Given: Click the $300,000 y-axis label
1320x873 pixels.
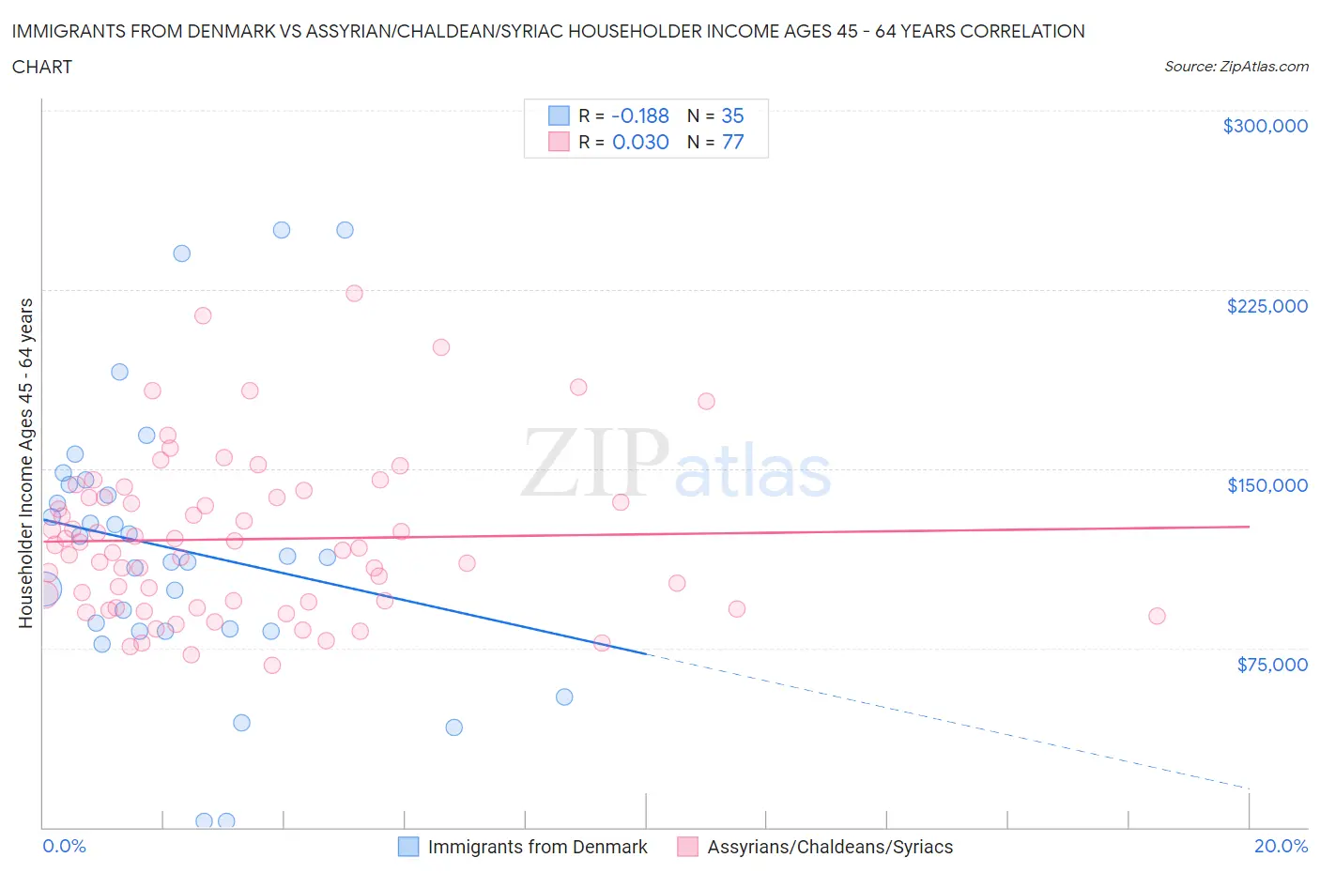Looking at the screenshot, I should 1265,126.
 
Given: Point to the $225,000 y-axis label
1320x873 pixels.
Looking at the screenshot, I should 1266,306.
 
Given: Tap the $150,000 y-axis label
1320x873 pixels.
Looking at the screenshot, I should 1266,485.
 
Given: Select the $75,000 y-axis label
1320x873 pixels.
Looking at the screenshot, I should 1271,665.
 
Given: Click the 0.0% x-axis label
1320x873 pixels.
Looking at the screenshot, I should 64,846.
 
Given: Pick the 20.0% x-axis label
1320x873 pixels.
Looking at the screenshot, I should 1281,846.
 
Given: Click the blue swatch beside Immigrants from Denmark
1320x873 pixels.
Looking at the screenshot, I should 408,847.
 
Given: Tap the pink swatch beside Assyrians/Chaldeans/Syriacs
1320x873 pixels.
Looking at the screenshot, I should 687,847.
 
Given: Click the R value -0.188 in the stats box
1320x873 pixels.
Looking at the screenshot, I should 639,115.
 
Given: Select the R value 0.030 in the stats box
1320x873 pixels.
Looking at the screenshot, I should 640,142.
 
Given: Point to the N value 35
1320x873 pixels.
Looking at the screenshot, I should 732,115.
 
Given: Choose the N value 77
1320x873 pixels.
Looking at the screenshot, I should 732,142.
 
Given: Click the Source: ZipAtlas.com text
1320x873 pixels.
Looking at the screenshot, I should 1236,67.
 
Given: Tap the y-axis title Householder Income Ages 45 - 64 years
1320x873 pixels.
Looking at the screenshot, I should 25,463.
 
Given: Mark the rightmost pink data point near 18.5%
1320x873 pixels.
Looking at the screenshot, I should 1157,616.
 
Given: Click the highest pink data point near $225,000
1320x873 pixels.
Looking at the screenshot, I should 354,293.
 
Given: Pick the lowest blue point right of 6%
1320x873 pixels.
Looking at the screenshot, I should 453,727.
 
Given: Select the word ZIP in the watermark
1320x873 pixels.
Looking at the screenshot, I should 594,463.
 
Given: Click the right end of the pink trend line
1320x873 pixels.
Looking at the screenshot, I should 1249,527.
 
